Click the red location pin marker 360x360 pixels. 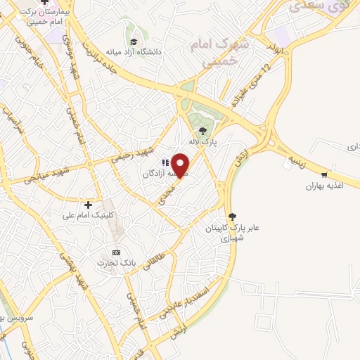coord(181,165)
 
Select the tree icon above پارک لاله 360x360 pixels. coord(203,131)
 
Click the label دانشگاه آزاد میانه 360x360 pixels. coord(154,52)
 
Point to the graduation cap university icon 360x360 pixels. coord(133,39)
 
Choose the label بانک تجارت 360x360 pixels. coord(116,263)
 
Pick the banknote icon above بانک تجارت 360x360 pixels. coord(116,252)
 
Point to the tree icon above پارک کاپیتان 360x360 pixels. coord(233,217)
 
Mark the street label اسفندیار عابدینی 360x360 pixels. coord(176,302)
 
